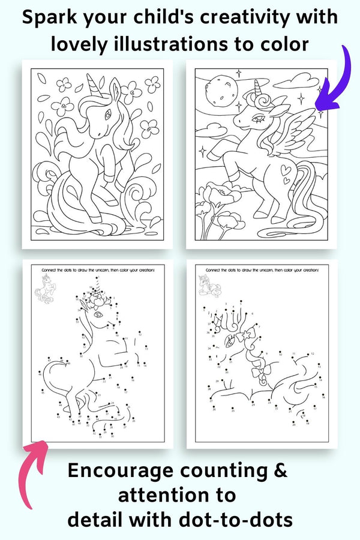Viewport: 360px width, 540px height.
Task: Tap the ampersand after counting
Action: tap(280, 471)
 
